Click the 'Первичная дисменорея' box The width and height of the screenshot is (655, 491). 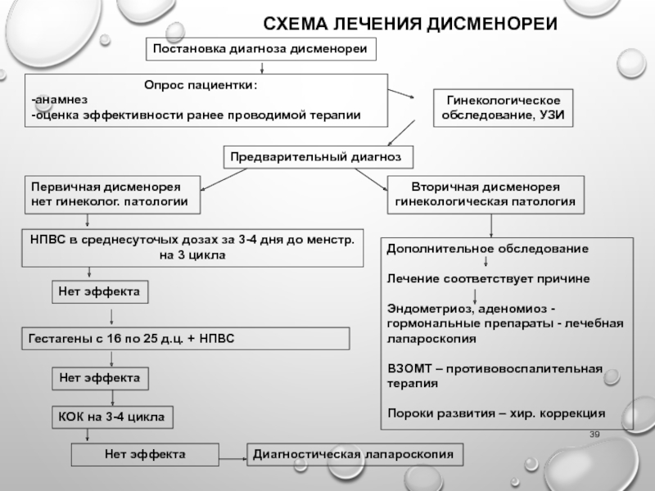coord(109,192)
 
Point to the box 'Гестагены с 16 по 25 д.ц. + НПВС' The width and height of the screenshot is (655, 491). coord(185,338)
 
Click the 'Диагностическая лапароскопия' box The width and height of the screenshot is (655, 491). coord(355,453)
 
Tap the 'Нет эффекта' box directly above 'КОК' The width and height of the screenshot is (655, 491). coord(102,378)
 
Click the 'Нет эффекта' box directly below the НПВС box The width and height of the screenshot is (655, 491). coord(102,291)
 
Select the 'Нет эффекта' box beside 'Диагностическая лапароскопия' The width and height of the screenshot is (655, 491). coord(145,453)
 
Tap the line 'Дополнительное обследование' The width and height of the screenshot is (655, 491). coord(486,247)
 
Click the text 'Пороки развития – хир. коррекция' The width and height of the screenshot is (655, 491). coord(496,412)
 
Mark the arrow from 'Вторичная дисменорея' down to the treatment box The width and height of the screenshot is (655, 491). coord(490,223)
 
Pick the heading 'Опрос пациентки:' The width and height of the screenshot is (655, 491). coord(201,85)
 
